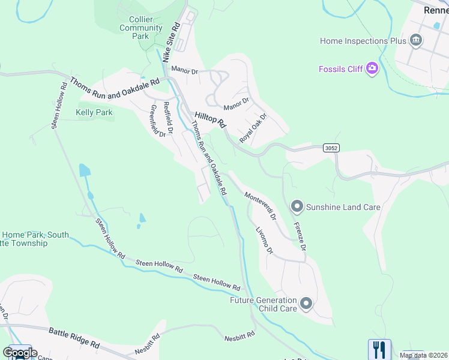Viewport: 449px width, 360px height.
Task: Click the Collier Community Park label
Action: click(141, 28)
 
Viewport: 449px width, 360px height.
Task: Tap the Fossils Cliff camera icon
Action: click(373, 68)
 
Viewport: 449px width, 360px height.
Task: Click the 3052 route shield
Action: click(330, 147)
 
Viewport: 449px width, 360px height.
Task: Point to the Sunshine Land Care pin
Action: click(297, 207)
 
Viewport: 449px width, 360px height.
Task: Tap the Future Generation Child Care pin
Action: click(306, 304)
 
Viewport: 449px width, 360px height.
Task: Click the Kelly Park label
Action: click(94, 112)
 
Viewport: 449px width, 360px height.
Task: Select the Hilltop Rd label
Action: click(209, 119)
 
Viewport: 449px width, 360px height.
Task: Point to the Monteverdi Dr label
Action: click(260, 205)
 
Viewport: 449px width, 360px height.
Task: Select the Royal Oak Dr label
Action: click(253, 128)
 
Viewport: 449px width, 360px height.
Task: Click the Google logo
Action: click(19, 353)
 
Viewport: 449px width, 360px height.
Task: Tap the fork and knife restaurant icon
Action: click(379, 350)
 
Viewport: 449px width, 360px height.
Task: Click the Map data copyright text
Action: click(423, 355)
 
